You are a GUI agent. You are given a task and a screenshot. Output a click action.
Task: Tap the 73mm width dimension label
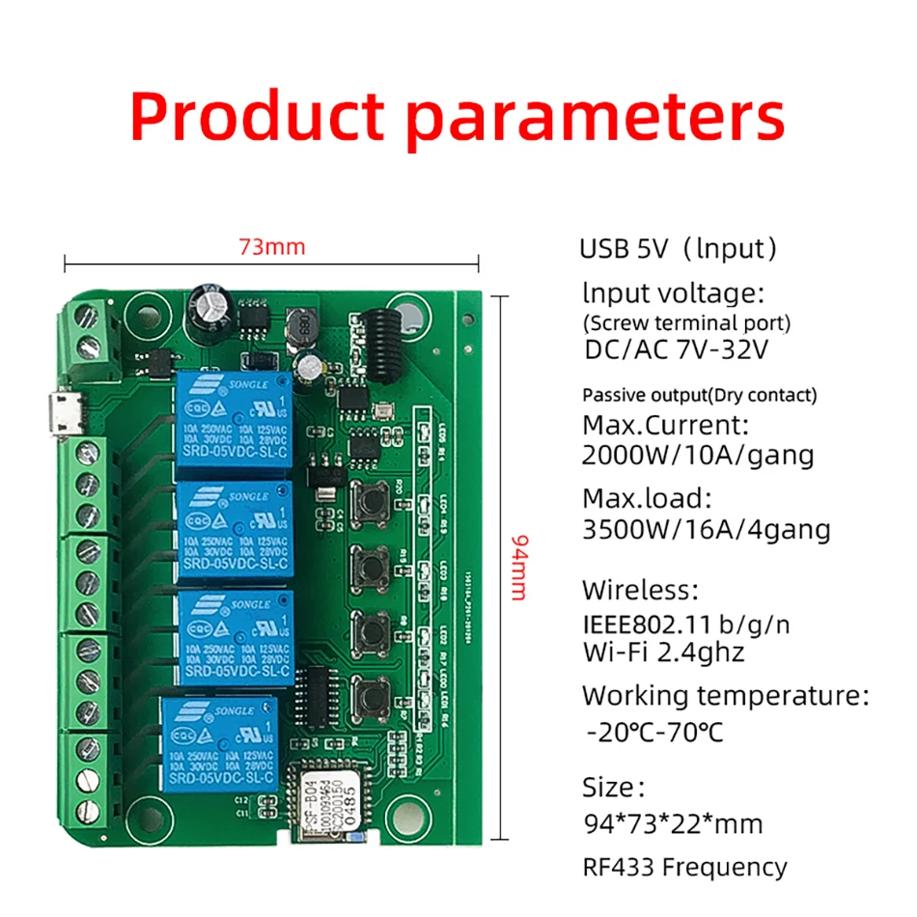pos(272,247)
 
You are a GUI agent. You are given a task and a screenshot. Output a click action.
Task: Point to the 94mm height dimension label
pos(518,568)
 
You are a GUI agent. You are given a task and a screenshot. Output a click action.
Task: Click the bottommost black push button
pos(369,693)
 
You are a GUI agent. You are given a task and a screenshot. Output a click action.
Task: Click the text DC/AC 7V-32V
pos(676,349)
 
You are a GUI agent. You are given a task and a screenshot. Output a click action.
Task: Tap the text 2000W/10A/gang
pos(697,455)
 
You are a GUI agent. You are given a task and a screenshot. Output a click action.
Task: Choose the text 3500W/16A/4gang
pos(705,530)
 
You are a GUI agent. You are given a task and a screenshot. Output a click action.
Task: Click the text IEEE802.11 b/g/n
pos(685,624)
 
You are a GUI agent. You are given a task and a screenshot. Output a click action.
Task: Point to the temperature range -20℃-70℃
pos(653,732)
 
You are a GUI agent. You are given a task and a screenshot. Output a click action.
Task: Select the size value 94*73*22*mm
pos(672,823)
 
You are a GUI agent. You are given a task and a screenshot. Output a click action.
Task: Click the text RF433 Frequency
pos(683,867)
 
